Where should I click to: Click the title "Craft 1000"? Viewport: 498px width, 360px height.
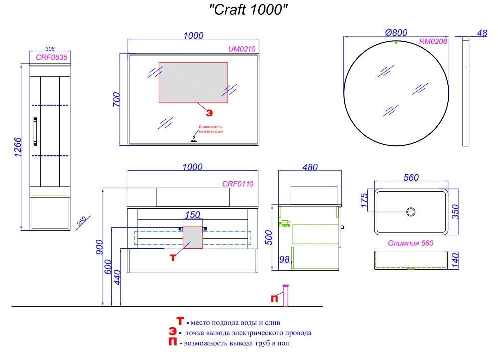point(248,10)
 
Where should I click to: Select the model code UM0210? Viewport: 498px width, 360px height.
point(242,49)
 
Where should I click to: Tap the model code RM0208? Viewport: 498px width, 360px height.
point(433,42)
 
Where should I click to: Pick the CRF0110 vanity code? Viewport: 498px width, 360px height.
point(238,184)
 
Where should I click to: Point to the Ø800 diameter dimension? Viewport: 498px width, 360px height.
point(397,32)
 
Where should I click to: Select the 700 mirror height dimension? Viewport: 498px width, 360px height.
point(115,100)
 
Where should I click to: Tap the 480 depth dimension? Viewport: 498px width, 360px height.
point(310,167)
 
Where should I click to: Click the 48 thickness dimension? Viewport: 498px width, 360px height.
point(482,33)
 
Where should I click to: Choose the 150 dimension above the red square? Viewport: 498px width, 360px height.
point(192,215)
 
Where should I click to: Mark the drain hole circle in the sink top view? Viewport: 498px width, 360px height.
point(411,211)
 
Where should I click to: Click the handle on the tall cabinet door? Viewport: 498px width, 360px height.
point(35,131)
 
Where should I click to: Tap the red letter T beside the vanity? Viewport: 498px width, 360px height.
point(173,257)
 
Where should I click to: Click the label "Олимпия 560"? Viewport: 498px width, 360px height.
point(410,243)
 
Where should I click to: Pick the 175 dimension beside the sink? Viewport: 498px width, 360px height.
point(364,201)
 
